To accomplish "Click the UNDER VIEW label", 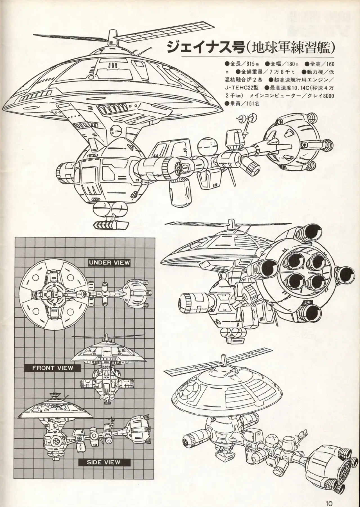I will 109,263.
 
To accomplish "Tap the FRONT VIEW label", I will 53,367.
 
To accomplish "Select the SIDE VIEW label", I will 104,462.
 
